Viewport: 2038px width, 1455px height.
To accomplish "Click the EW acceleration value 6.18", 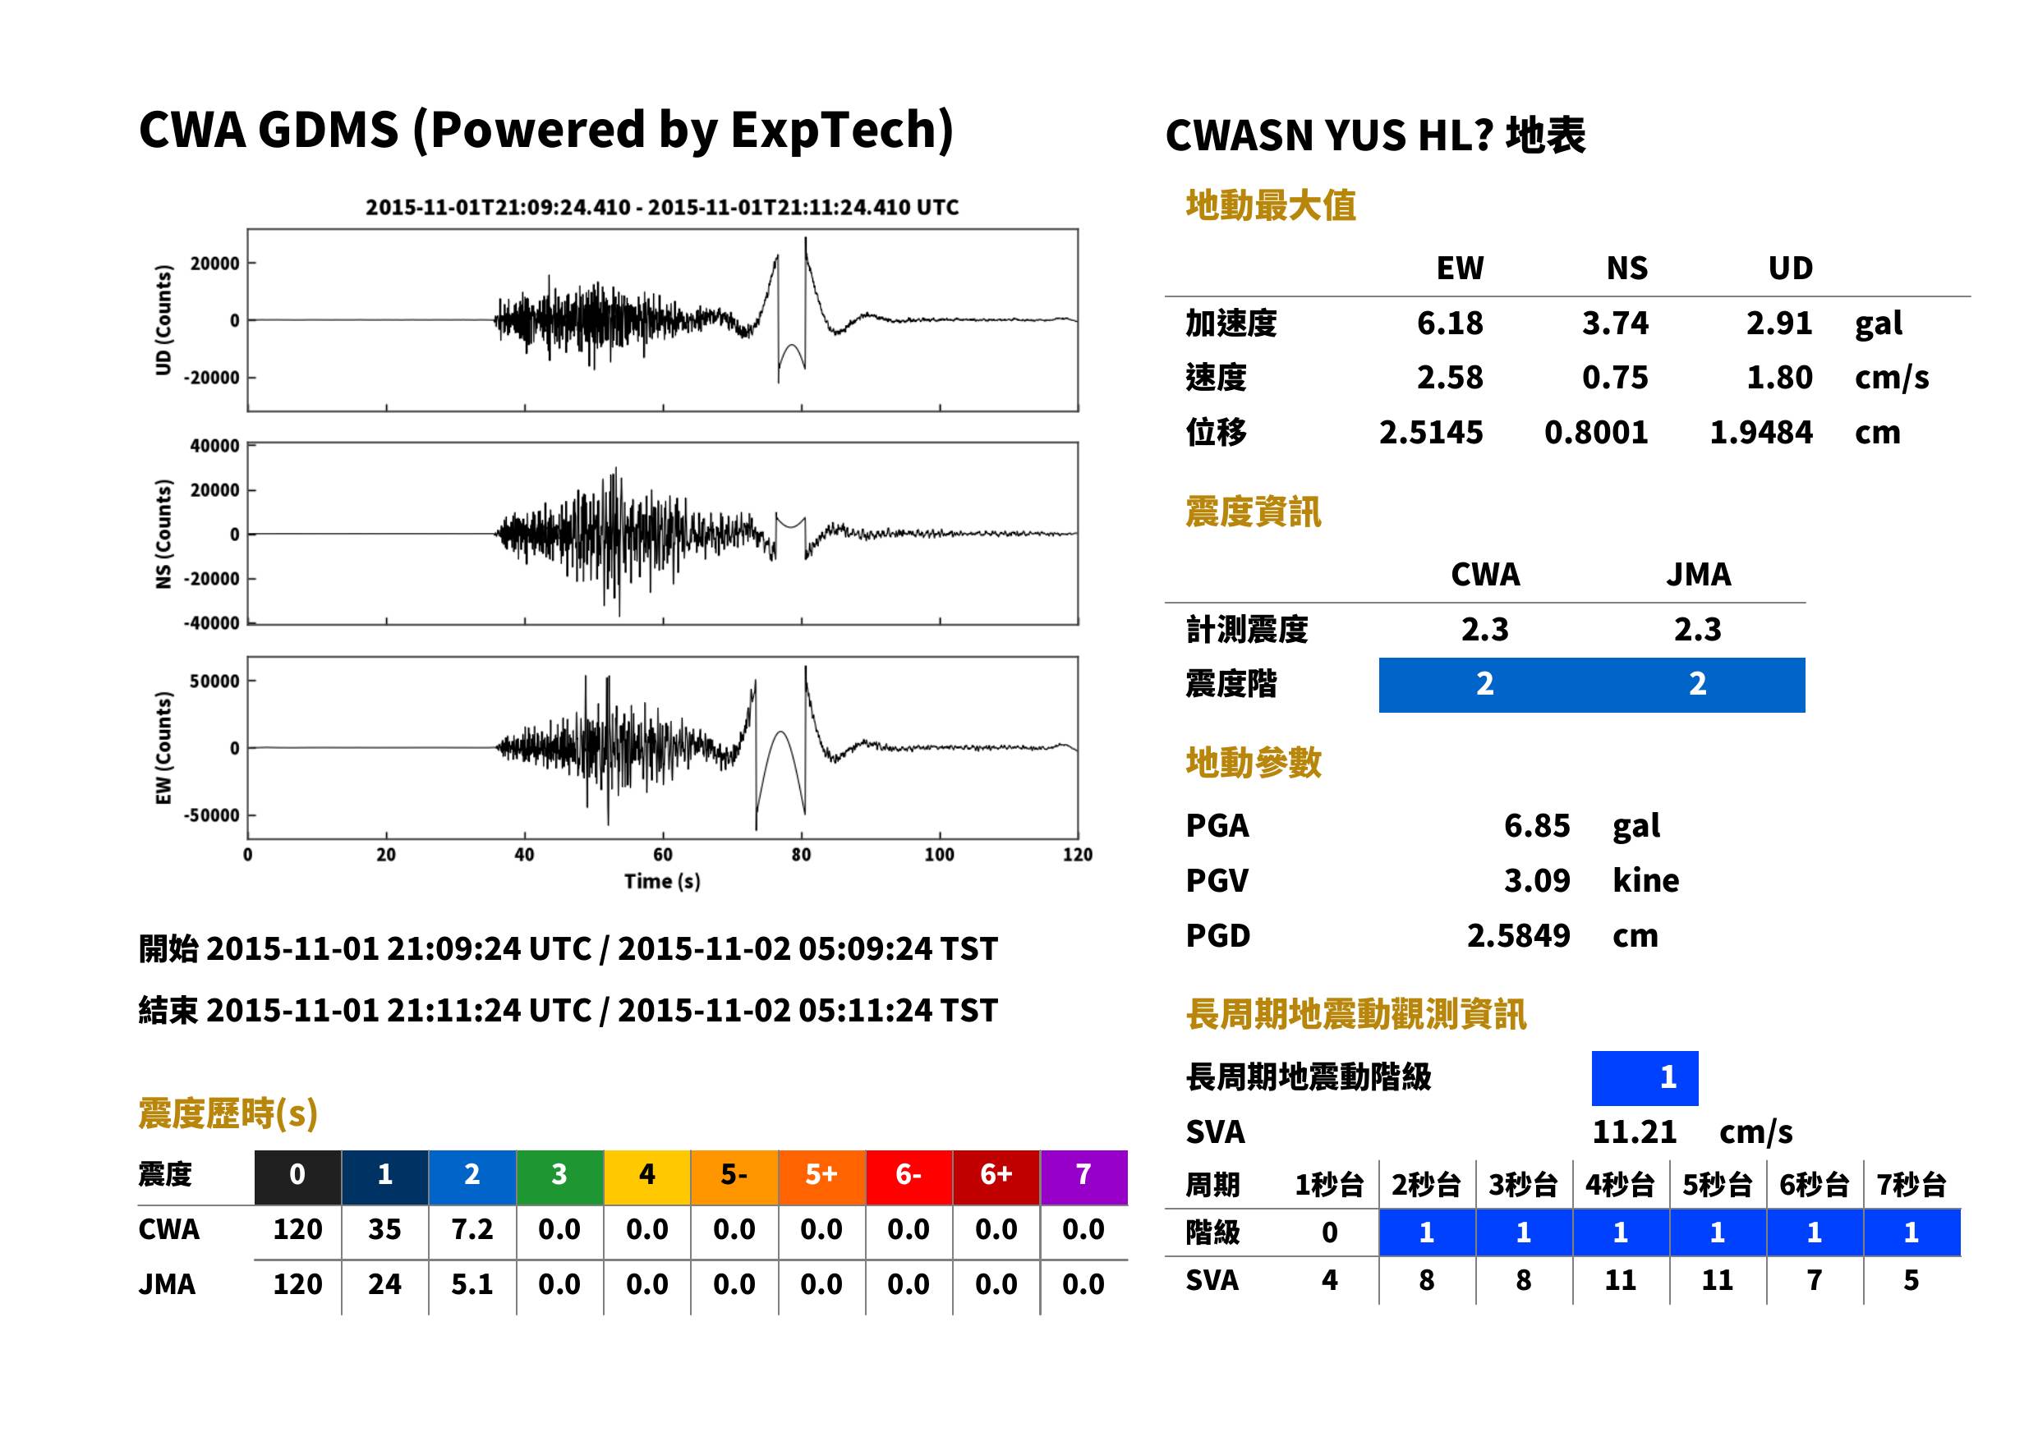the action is (x=1449, y=324).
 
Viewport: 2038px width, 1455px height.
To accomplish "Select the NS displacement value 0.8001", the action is (x=1595, y=433).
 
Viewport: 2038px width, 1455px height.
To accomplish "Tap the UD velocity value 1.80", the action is (x=1779, y=378).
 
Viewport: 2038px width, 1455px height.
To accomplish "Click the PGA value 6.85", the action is (x=1536, y=826).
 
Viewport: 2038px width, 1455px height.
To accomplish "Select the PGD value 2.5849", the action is (x=1518, y=936).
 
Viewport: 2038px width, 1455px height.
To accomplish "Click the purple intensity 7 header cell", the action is (x=1083, y=1174).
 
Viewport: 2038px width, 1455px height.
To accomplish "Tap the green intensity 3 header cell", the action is (x=559, y=1174).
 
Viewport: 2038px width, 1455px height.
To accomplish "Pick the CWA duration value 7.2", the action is (x=472, y=1230).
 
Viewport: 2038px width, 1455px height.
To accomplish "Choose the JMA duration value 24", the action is (x=384, y=1285).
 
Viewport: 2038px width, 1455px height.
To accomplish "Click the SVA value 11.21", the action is (x=1634, y=1132).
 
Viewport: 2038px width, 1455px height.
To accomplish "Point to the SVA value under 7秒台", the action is (x=1911, y=1281).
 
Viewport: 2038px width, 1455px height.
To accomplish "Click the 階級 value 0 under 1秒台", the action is (x=1330, y=1232).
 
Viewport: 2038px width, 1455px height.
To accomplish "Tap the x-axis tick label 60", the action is (x=662, y=855).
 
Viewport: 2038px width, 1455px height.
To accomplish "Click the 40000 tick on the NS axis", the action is (x=214, y=446).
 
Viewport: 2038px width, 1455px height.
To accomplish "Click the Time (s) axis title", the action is (x=662, y=882).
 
